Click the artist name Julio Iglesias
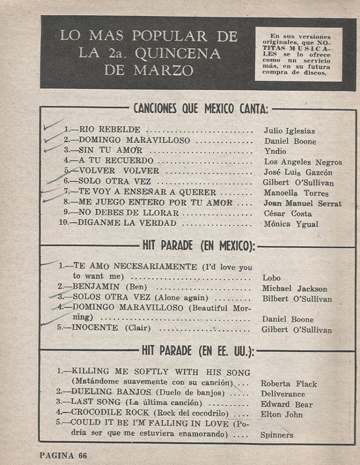[x=289, y=131]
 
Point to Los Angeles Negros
[x=303, y=162]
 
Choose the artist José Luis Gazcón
[x=298, y=172]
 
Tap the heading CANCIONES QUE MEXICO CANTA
[x=200, y=108]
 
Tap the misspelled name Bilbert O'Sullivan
[x=297, y=299]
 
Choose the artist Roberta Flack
[x=289, y=384]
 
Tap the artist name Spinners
[x=277, y=434]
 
